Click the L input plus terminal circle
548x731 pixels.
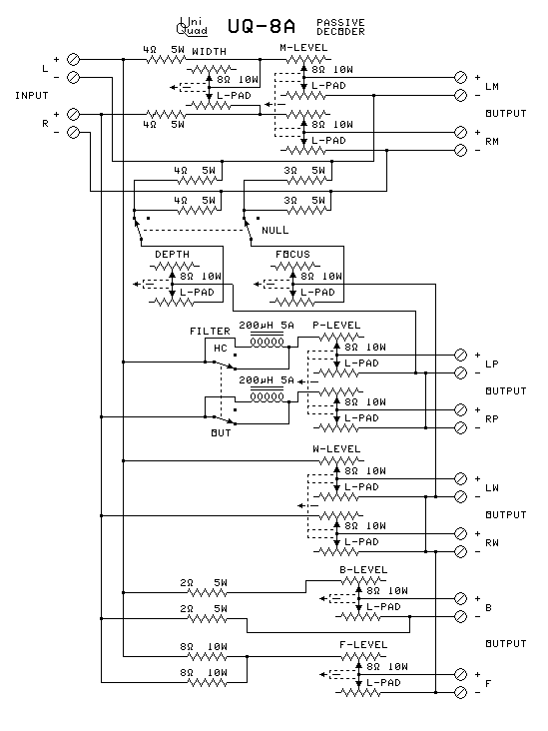[x=73, y=60]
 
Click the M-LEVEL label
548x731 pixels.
[x=303, y=48]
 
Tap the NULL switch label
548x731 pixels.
[x=274, y=231]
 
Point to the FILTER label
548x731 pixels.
[x=211, y=331]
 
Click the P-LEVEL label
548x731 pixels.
[x=336, y=326]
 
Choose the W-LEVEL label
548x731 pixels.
[x=336, y=449]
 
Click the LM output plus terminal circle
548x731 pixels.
[x=460, y=77]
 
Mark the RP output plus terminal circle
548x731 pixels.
[x=460, y=409]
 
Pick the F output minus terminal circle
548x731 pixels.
[x=460, y=692]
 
